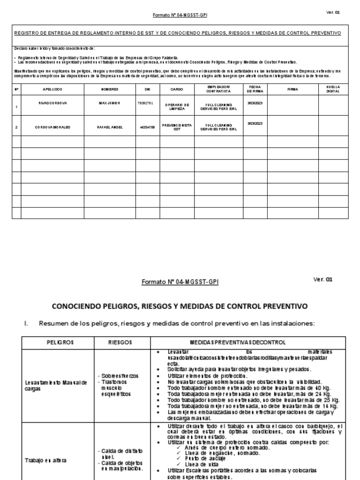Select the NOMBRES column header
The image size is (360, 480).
click(110, 89)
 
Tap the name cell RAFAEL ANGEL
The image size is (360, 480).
click(110, 127)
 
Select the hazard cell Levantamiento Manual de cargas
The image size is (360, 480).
click(56, 385)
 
